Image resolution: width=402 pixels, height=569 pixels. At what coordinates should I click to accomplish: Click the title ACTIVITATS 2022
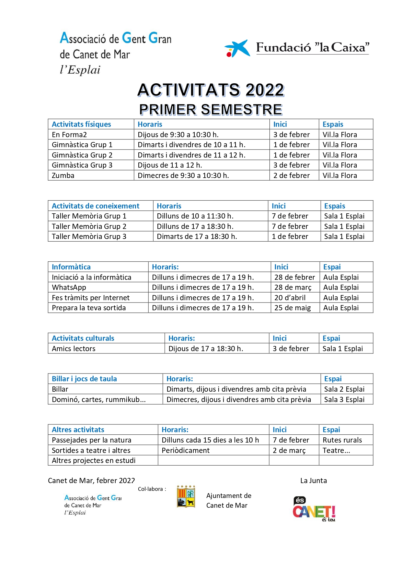coord(211,90)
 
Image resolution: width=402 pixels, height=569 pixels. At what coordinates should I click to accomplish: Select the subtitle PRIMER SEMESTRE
coord(211,110)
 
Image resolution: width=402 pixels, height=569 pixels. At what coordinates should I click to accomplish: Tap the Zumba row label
coord(63,175)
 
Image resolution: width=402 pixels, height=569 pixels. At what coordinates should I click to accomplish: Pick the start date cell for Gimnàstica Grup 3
coord(291,165)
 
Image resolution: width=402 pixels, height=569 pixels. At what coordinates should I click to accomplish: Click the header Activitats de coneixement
coord(96,206)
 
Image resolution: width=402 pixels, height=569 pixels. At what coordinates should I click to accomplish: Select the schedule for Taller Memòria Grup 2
coord(195,226)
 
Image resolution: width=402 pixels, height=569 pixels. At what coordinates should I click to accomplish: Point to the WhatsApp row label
coord(69,287)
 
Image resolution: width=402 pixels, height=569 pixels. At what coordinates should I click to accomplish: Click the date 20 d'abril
coord(290,298)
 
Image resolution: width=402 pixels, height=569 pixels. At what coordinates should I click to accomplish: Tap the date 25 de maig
coord(293,308)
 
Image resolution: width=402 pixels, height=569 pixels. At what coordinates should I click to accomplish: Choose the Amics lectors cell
coord(74,349)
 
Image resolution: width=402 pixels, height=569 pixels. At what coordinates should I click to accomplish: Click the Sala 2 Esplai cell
coord(344,389)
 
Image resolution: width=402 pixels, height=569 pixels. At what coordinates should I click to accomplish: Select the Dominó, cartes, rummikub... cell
coord(99,399)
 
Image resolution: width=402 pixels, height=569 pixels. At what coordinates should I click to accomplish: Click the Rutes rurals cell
coord(342,440)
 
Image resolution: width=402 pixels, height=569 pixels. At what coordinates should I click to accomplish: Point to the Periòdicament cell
coord(186,450)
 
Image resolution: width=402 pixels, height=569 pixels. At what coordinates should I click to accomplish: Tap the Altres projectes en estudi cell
coord(94,460)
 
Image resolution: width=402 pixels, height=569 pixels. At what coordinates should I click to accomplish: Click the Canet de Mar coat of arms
coord(186,496)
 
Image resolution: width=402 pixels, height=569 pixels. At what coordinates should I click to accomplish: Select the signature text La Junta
coord(313,480)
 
